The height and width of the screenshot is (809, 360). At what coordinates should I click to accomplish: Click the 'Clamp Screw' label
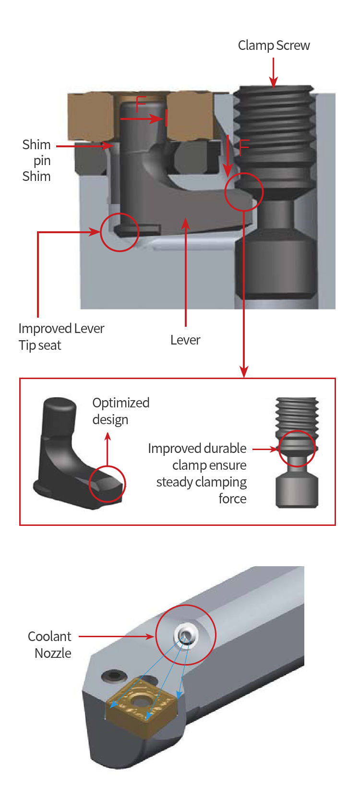(x=274, y=46)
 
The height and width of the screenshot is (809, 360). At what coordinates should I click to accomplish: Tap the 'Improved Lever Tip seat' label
(x=61, y=336)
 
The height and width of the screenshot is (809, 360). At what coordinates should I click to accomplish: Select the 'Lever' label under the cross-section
(x=185, y=340)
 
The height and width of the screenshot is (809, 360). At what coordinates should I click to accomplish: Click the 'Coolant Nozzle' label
(x=50, y=644)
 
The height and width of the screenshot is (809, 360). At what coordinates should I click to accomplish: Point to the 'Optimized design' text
(x=120, y=411)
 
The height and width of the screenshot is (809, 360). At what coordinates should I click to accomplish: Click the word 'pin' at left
(x=42, y=160)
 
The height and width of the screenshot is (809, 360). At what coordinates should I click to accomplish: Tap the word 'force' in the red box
(x=232, y=499)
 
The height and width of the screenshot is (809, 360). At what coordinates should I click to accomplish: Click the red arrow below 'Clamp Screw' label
(x=273, y=72)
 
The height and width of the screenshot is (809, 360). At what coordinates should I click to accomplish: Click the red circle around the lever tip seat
(x=120, y=232)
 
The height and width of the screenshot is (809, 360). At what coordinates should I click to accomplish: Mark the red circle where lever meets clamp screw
(x=244, y=191)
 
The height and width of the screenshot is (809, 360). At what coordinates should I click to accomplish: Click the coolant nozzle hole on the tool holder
(x=185, y=635)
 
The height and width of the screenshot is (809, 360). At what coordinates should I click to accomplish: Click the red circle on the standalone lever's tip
(x=108, y=484)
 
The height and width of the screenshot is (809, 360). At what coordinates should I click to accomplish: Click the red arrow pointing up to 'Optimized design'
(x=108, y=449)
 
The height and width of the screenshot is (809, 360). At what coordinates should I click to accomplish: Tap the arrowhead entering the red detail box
(x=244, y=372)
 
